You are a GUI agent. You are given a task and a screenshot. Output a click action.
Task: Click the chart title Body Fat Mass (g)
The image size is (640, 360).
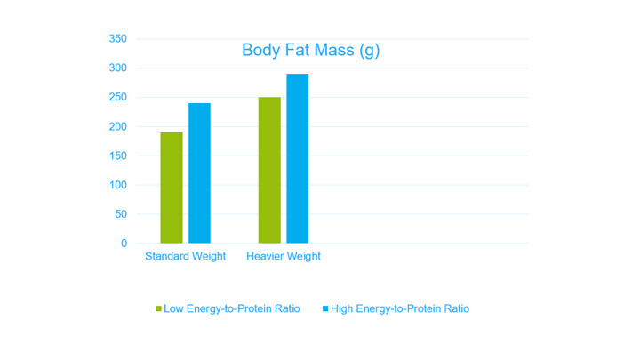(x=310, y=50)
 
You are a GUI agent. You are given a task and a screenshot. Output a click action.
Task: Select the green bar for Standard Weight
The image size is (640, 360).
(x=172, y=188)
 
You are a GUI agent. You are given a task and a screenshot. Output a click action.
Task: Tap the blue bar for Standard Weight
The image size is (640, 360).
(x=199, y=173)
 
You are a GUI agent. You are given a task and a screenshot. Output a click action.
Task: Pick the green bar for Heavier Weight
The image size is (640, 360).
(x=269, y=170)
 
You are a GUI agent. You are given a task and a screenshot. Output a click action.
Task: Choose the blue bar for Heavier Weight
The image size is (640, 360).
(x=297, y=158)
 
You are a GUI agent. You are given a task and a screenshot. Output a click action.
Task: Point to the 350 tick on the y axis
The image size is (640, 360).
(x=118, y=39)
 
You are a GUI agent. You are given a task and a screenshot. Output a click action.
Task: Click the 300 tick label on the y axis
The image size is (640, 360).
(x=118, y=68)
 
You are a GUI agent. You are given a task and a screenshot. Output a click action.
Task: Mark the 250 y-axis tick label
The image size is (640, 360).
(x=118, y=98)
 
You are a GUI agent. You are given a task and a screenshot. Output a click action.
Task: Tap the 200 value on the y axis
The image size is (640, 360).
(x=118, y=127)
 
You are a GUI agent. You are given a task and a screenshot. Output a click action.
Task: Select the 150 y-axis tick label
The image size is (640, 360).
(x=118, y=156)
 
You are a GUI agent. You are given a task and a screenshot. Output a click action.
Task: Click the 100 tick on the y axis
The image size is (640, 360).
(x=118, y=185)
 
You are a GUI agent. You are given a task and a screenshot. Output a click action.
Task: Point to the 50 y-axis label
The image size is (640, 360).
(x=121, y=214)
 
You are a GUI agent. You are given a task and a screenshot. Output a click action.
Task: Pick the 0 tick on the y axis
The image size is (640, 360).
(x=124, y=244)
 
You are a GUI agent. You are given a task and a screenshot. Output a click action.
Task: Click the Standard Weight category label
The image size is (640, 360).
(x=185, y=257)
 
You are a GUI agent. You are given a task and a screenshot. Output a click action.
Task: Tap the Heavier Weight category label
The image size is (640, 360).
(x=284, y=257)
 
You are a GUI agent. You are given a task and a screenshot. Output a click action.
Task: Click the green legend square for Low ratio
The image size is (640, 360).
(x=159, y=308)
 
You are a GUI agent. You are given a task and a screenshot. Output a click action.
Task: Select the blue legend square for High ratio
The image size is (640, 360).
(x=325, y=308)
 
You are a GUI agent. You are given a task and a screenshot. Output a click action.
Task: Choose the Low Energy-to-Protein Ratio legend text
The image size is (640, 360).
(x=231, y=308)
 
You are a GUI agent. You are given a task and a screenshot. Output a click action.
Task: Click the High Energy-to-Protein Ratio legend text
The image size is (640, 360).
(x=399, y=308)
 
